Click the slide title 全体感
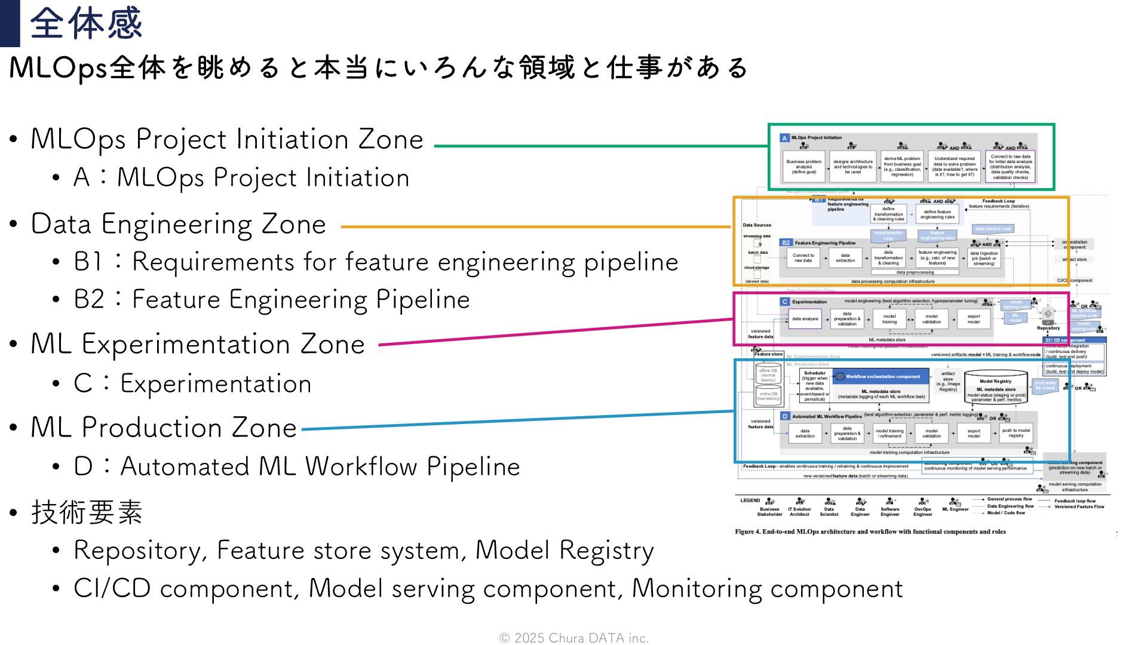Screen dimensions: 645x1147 coord(86,24)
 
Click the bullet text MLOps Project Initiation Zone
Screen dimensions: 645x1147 coord(227,139)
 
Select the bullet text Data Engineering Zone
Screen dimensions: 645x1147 coord(178,225)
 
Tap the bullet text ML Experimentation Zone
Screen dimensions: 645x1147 coord(198,345)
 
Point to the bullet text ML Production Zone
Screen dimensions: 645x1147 coord(164,428)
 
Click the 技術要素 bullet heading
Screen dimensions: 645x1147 coord(87,512)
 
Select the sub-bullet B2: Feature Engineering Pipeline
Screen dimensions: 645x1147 coord(272,300)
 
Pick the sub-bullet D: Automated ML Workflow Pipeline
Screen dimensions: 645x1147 coord(297,467)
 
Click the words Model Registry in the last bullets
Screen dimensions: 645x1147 coord(565,551)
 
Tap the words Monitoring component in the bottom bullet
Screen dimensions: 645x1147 coord(767,589)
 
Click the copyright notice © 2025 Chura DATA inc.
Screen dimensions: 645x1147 coord(573,638)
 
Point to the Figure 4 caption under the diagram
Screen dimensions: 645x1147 coord(870,532)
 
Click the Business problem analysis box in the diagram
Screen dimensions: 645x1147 coord(803,167)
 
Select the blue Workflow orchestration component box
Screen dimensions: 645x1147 coord(881,376)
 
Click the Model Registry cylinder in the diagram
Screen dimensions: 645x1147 coord(995,388)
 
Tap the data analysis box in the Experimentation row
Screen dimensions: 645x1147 coord(805,319)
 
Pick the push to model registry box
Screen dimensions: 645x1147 coord(1016,433)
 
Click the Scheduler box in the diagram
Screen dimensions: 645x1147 coord(814,386)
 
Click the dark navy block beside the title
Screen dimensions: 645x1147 coord(10,23)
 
